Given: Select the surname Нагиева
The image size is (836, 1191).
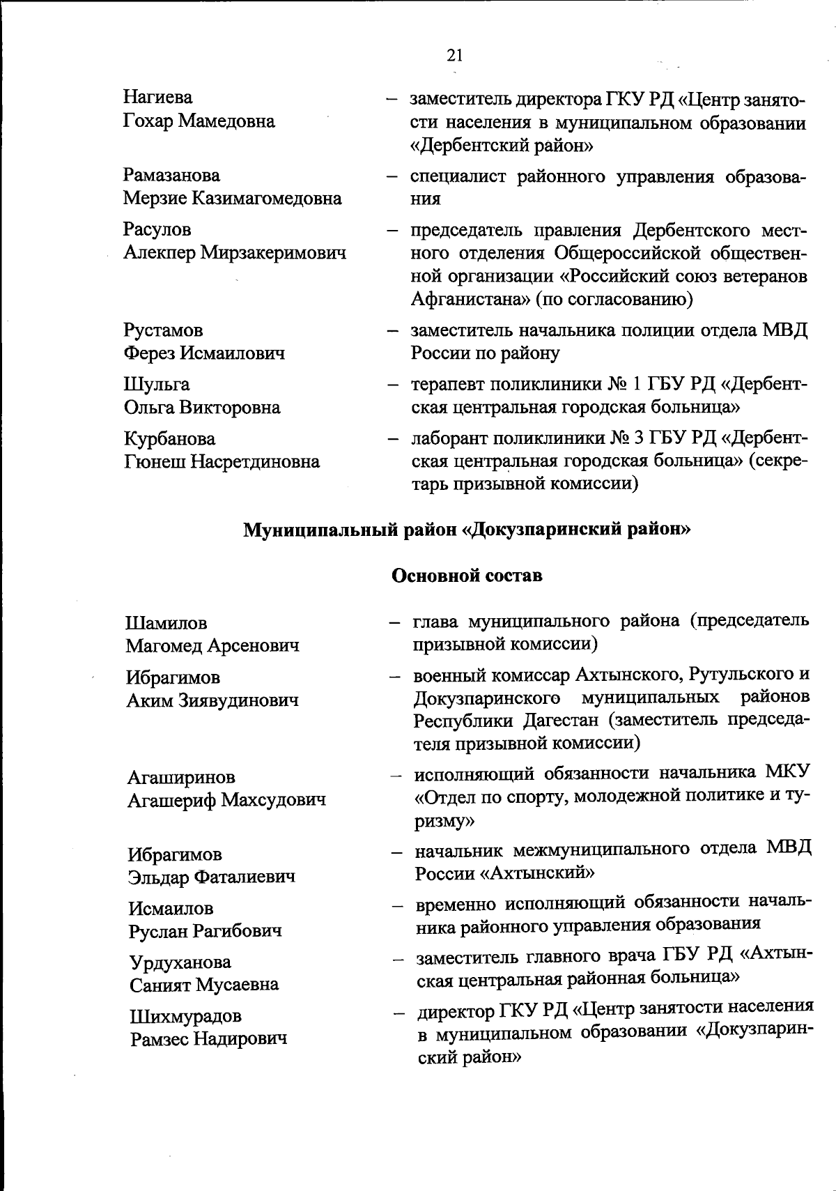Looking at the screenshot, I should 158,98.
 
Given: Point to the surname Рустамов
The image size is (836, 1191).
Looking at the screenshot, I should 164,330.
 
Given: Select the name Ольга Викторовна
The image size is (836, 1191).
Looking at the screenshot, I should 202,407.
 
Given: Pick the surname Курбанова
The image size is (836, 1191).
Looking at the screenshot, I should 170,438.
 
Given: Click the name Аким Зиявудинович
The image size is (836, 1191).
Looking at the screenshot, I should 212,700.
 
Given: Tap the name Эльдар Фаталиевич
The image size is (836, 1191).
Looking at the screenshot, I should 211,877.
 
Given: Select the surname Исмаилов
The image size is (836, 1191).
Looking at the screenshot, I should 171,908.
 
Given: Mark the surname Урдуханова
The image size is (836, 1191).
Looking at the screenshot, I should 180,962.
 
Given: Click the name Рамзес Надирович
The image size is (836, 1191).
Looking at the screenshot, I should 209,1039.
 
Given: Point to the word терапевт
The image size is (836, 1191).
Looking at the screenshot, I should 446,384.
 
